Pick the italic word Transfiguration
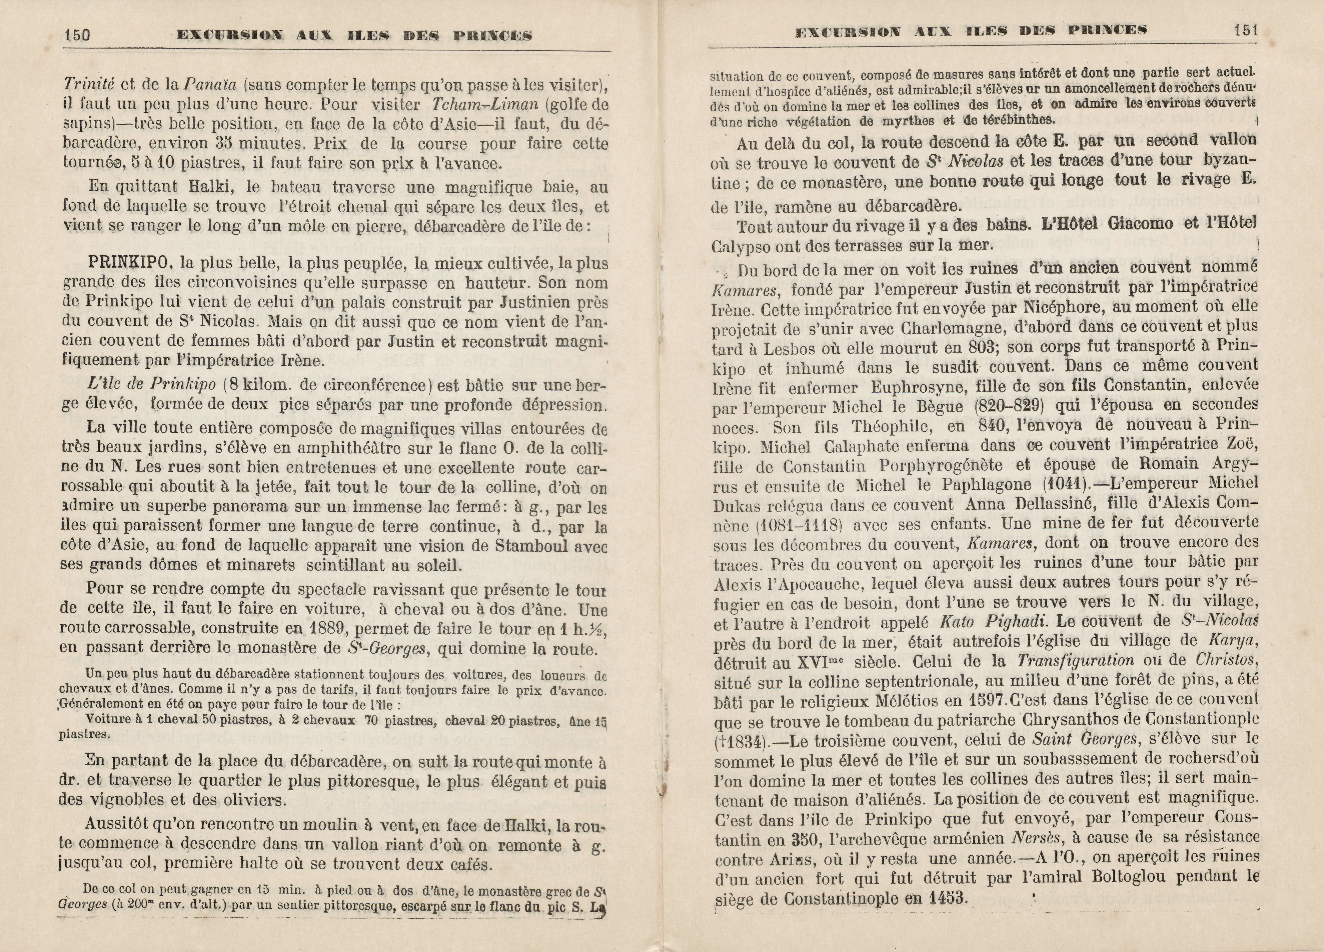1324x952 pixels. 1075,660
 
